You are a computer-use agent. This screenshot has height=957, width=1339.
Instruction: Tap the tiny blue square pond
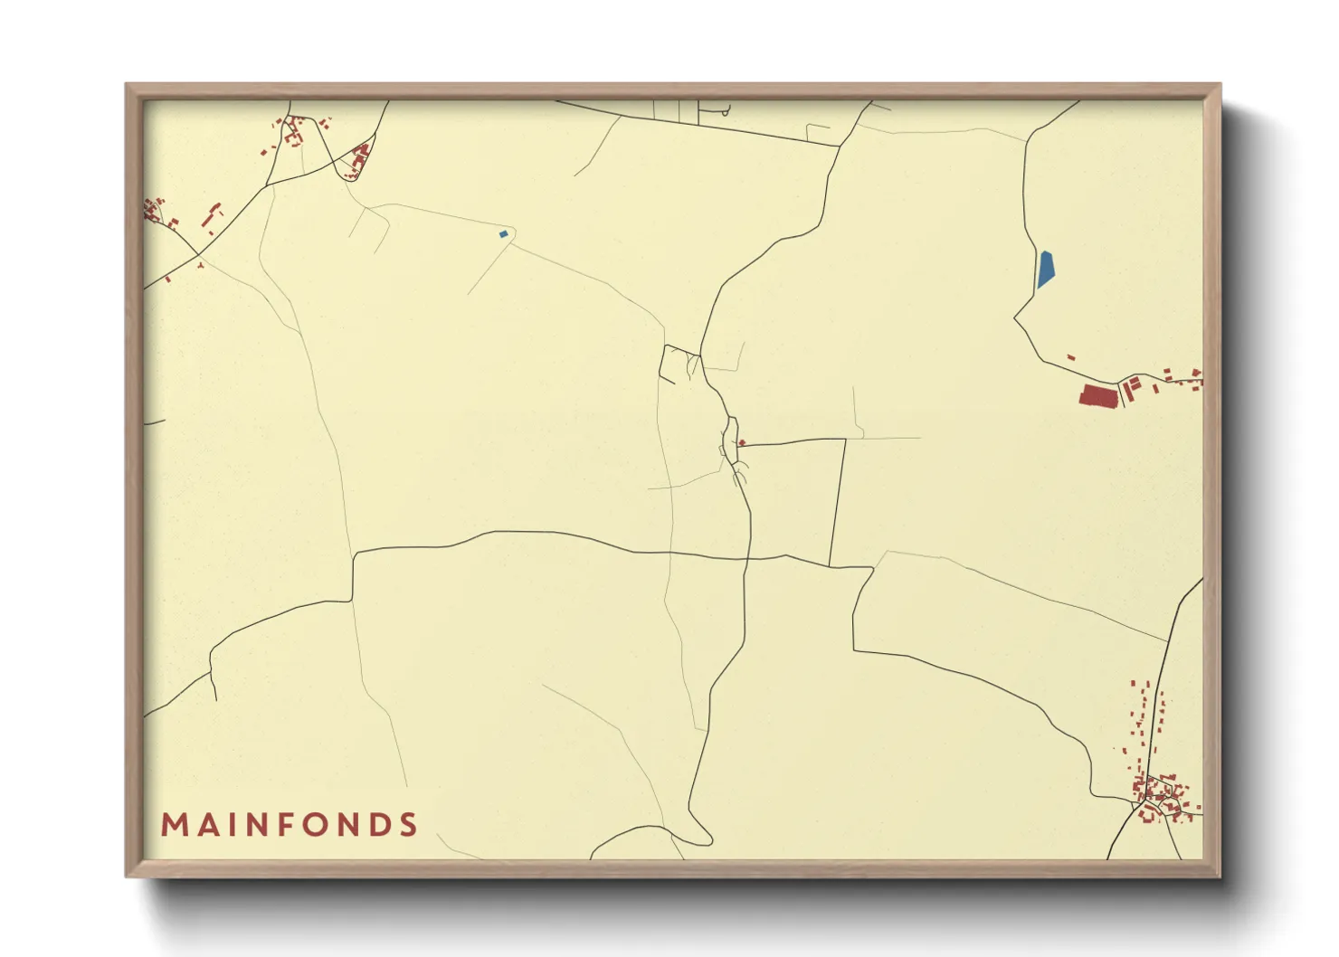[x=503, y=234]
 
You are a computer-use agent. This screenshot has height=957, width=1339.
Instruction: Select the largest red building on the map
[x=1097, y=396]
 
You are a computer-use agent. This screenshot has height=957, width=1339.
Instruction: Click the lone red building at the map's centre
[x=742, y=442]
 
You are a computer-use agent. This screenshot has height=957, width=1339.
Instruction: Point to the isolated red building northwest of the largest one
[x=1071, y=358]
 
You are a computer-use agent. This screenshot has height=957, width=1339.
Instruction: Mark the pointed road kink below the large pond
[x=1015, y=317]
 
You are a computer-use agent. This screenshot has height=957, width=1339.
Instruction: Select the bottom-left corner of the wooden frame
[x=128, y=876]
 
